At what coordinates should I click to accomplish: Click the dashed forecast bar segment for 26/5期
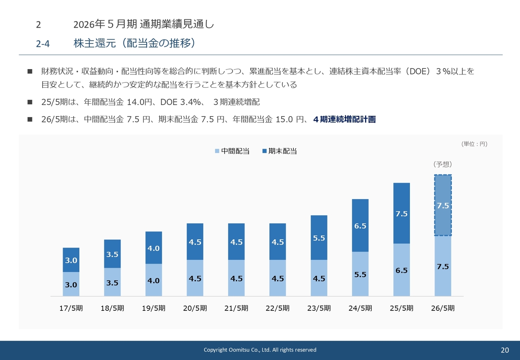point(442,205)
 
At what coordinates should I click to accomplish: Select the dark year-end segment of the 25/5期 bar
point(401,213)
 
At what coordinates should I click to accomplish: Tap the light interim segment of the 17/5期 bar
point(71,284)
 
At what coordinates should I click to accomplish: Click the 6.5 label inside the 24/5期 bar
point(360,226)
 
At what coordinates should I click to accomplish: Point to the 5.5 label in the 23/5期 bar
point(319,238)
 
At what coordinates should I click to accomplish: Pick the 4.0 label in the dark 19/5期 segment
point(154,248)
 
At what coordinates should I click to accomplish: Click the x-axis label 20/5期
point(195,308)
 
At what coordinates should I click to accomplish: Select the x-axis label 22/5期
point(277,308)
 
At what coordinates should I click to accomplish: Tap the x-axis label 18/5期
point(113,308)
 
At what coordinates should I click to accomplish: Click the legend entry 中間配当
point(232,151)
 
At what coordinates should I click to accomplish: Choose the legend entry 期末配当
point(280,151)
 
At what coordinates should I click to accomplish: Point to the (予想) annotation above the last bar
point(442,165)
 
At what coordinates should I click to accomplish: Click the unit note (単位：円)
point(474,144)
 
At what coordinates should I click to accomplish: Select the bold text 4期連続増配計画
point(344,119)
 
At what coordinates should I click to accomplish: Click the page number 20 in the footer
point(505,350)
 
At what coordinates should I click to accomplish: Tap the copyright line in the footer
point(260,350)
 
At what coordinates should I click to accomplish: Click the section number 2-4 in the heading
point(43,44)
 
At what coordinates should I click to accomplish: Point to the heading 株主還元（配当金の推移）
point(134,43)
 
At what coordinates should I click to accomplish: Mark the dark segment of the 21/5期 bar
point(236,242)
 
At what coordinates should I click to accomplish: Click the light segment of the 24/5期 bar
point(360,274)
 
